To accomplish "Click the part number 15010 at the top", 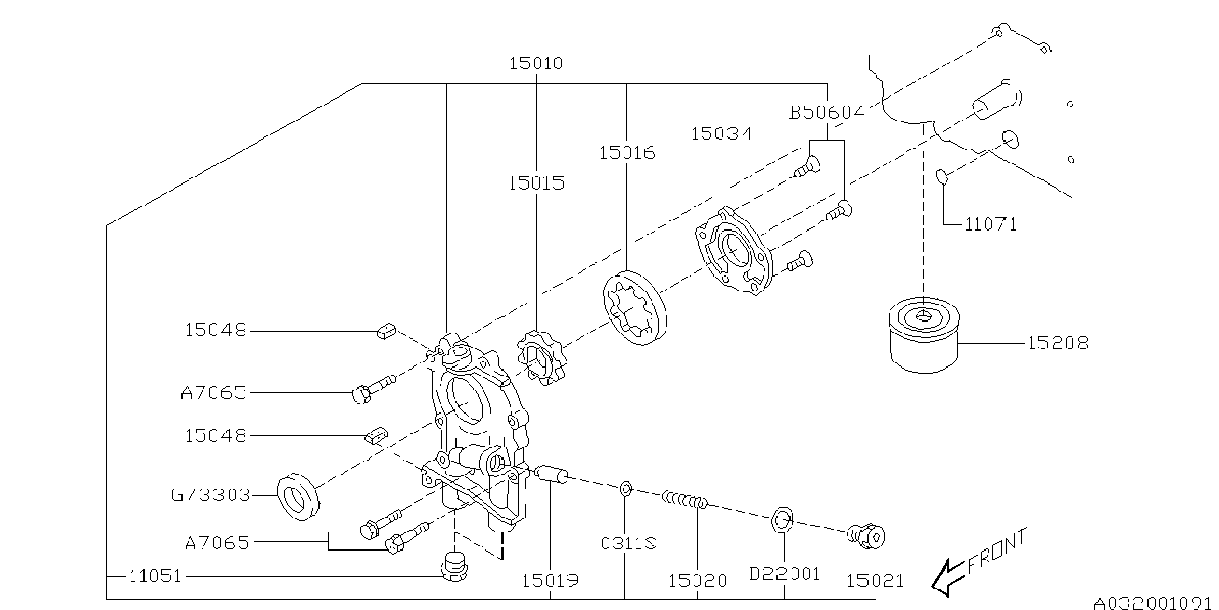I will coord(536,64).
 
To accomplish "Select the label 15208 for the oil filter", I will coord(1058,344).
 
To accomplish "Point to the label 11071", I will coord(990,224).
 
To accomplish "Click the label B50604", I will coord(826,113).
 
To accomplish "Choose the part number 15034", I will coord(721,134).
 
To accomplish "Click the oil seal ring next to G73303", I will coord(300,495).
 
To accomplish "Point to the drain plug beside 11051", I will coord(454,568).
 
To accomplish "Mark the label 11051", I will coord(155,578).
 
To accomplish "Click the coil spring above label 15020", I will coord(685,502).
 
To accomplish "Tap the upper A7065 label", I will coord(215,393).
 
